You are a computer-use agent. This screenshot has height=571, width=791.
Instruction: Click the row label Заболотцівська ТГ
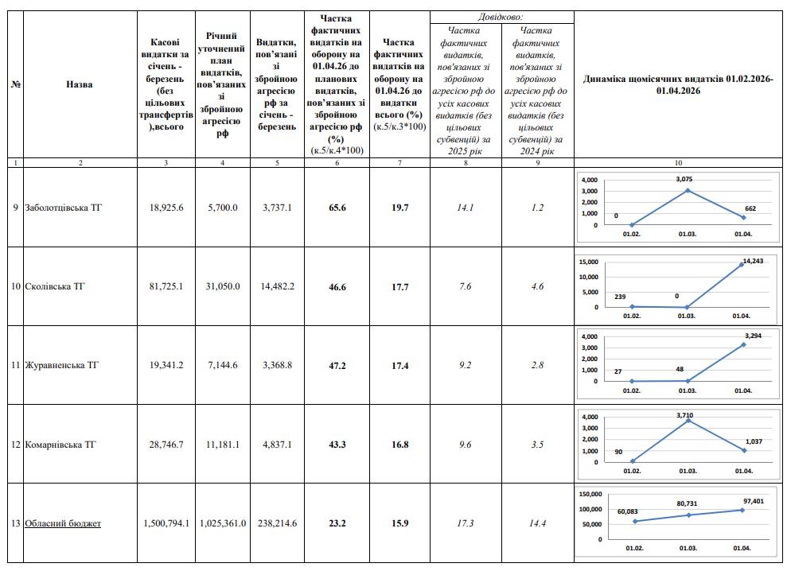[x=64, y=208]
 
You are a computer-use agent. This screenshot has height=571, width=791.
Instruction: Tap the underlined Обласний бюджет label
[x=63, y=523]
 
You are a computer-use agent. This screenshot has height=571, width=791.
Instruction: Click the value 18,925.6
[x=166, y=208]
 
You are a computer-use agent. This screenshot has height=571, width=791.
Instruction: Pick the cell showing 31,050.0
[x=222, y=286]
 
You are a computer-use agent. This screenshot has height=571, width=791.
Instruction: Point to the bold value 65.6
[x=338, y=208]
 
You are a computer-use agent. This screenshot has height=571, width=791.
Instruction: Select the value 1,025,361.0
[x=222, y=523]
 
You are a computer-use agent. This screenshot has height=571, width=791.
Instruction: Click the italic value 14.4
[x=537, y=523]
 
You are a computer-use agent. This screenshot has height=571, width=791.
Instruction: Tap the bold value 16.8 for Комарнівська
[x=399, y=445]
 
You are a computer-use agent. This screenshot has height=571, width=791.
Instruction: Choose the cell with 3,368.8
[x=278, y=366]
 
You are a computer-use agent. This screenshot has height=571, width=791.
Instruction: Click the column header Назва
[x=79, y=85]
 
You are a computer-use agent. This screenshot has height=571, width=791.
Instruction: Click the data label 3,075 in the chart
[x=688, y=180]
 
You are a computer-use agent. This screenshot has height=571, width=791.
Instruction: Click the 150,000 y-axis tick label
[x=590, y=494]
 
